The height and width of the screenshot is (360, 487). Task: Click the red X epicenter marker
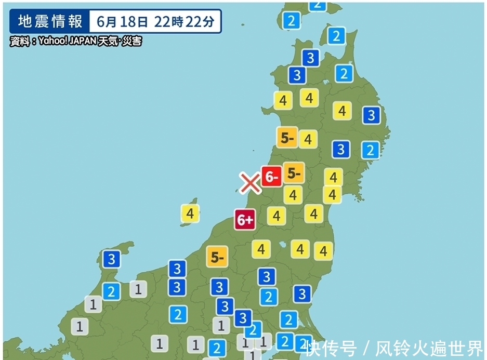pyautogui.click(x=250, y=182)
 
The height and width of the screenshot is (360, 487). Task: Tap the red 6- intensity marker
pyautogui.click(x=271, y=177)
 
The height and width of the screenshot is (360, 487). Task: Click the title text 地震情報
pyautogui.click(x=50, y=22)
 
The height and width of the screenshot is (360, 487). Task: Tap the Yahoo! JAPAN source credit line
pyautogui.click(x=75, y=41)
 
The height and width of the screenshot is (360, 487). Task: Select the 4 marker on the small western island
pyautogui.click(x=190, y=214)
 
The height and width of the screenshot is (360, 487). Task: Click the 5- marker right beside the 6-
pyautogui.click(x=294, y=174)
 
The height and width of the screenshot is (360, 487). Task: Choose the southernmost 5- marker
pyautogui.click(x=217, y=256)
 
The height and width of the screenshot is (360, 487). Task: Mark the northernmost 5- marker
pyautogui.click(x=287, y=138)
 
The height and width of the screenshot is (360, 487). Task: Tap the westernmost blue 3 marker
pyautogui.click(x=111, y=259)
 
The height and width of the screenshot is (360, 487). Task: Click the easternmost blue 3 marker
pyautogui.click(x=371, y=115)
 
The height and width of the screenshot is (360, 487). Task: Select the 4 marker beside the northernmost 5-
pyautogui.click(x=308, y=139)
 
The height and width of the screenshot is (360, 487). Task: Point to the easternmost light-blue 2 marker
pyautogui.click(x=370, y=150)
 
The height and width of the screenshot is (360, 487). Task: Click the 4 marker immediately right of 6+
pyautogui.click(x=276, y=215)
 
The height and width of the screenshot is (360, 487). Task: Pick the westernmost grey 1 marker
pyautogui.click(x=80, y=327)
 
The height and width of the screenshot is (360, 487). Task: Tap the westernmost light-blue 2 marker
pyautogui.click(x=111, y=291)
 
